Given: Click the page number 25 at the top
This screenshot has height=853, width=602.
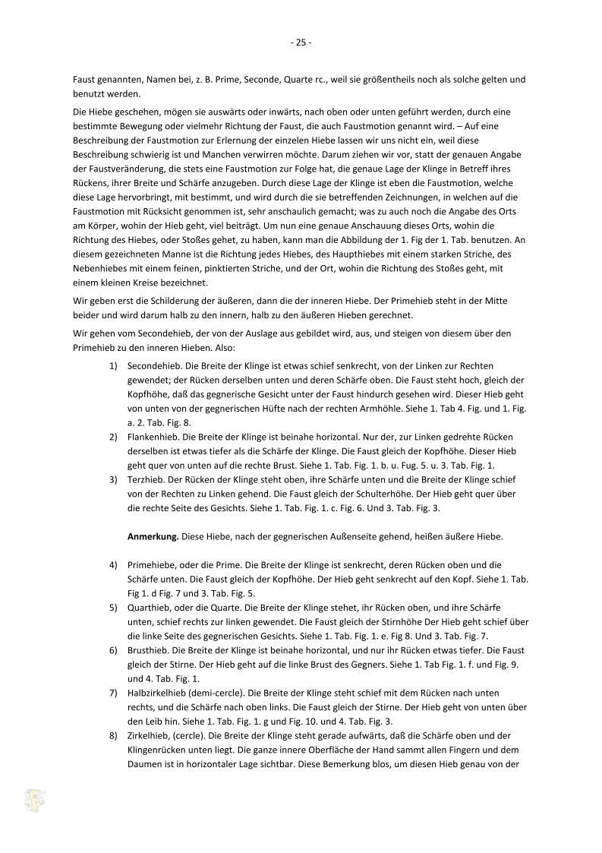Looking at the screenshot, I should point(301,43).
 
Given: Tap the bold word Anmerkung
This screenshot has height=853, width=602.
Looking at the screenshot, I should point(153,536).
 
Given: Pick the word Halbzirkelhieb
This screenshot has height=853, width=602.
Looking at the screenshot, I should point(158,693).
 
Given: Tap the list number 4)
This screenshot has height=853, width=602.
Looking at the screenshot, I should point(113,565).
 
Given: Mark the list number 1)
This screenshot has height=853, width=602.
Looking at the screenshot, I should point(113,365).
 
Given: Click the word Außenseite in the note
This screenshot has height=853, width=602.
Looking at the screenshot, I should point(336,536).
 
